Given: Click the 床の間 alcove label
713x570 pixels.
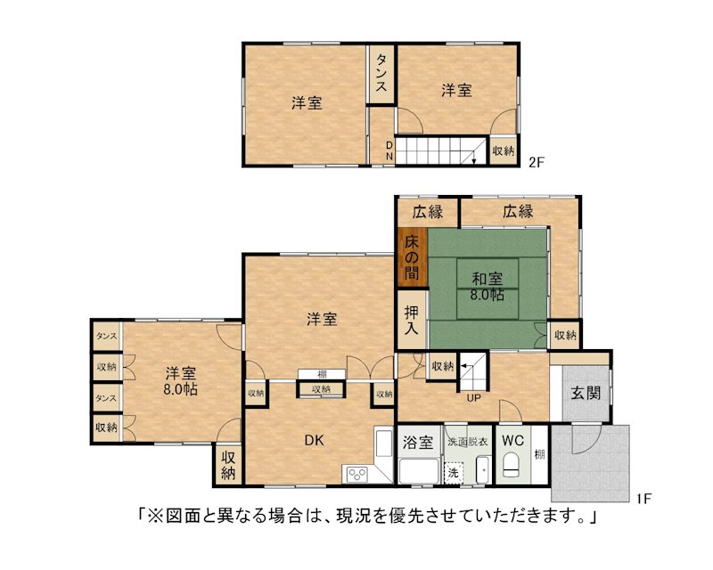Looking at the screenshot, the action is tap(412, 257).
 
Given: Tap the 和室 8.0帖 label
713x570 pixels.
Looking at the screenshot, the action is tap(487, 287).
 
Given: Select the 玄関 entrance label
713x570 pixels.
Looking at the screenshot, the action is tap(586, 393).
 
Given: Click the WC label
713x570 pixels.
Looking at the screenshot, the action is tap(512, 440).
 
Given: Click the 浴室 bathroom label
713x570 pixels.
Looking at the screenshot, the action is tap(418, 442).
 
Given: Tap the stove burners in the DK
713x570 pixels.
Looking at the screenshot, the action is tap(357, 475).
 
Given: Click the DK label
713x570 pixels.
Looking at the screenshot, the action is tap(314, 440).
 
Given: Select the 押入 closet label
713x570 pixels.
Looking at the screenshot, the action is tap(412, 320).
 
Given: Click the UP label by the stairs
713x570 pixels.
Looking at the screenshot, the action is tap(473, 398).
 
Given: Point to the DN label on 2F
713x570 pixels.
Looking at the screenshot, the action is tap(389, 151).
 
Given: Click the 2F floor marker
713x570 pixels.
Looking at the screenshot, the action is tap(537, 162).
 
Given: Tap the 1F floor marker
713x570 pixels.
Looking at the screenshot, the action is tap(643, 499).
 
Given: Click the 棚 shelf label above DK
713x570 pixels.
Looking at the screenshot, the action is tap(322, 375).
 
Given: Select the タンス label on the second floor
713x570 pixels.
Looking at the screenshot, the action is tap(381, 73).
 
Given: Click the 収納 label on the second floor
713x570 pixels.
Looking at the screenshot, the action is tap(504, 151).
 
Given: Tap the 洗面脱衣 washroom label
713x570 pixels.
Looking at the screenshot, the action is tap(467, 441).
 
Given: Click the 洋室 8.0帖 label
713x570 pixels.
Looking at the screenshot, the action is tap(181, 381).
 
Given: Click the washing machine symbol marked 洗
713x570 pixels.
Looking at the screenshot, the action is tap(454, 472).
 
